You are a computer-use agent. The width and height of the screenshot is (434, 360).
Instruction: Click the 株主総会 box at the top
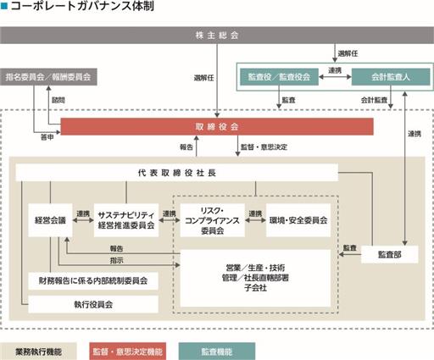point(217,36)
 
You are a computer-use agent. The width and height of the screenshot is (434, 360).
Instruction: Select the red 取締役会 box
point(217,126)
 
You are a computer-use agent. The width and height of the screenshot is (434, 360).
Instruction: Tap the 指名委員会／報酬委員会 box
point(48,77)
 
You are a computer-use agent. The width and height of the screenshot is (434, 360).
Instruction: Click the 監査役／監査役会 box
point(279,77)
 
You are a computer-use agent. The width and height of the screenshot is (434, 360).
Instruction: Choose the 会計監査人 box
point(391,77)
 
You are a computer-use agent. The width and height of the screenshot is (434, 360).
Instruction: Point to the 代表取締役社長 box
point(177,173)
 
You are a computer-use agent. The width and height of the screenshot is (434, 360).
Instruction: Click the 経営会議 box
point(50,220)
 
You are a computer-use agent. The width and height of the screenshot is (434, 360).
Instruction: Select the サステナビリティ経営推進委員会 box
point(126,220)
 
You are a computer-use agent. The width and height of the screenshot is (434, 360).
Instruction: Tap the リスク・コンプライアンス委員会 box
point(213,220)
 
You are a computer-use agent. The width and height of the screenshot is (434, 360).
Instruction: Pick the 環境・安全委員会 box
point(298,220)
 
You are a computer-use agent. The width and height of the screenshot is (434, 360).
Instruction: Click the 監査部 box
point(390,255)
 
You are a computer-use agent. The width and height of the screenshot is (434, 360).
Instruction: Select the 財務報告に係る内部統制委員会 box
point(93,280)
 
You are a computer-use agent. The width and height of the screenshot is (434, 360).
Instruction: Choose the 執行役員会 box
point(93,304)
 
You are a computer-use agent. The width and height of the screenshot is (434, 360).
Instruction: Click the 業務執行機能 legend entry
point(38,352)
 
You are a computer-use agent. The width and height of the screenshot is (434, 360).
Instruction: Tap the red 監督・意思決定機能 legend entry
point(128,352)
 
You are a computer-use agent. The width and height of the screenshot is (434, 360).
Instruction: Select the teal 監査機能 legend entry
point(217,352)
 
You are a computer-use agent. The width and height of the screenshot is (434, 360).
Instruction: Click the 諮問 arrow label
point(58,100)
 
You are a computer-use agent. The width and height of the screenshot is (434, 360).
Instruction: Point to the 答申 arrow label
point(47,137)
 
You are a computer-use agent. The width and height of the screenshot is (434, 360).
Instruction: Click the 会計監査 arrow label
point(374,100)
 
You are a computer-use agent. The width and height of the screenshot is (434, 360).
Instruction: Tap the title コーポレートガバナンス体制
point(82,6)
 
